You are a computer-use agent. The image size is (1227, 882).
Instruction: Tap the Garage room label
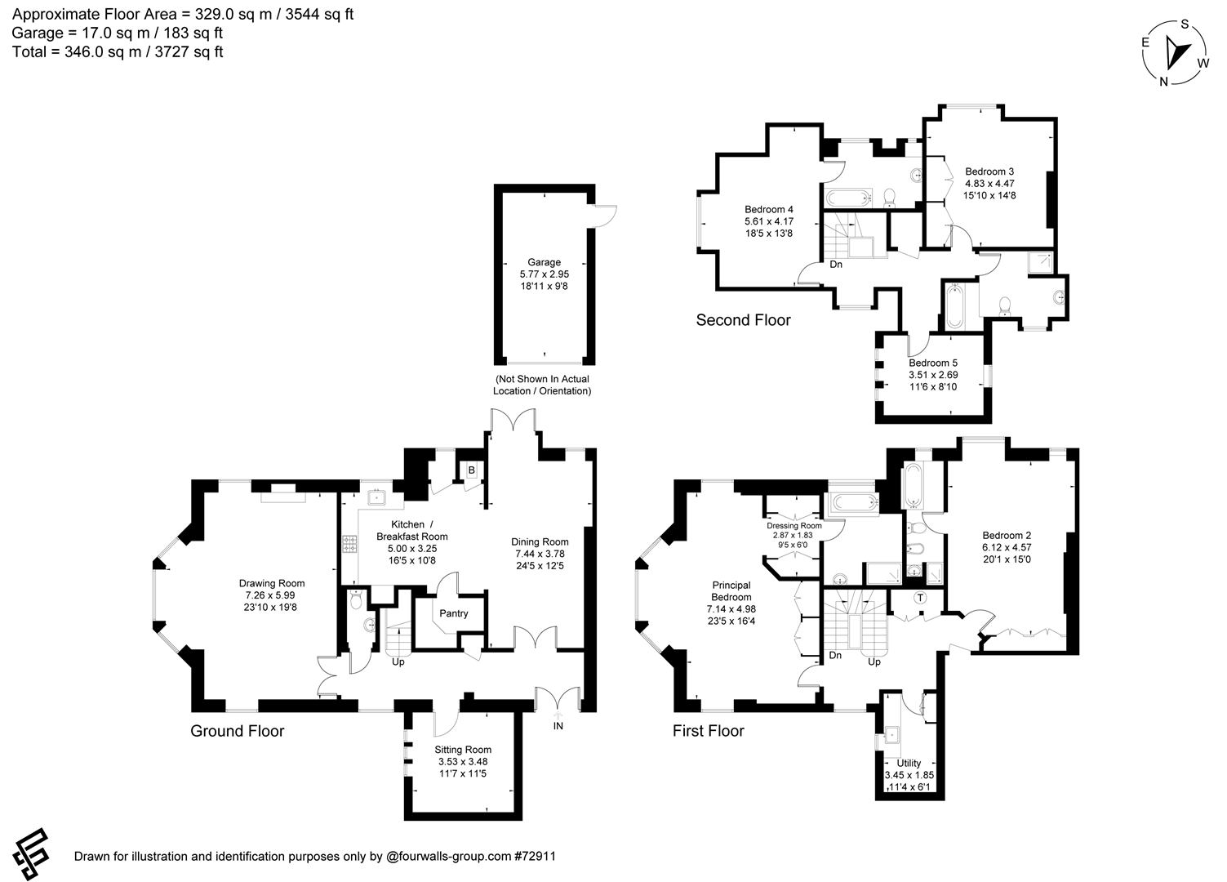point(544,262)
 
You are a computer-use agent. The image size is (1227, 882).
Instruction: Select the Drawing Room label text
point(272,583)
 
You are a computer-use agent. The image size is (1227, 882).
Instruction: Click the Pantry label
point(454,613)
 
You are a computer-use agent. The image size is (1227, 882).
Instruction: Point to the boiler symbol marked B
point(471,470)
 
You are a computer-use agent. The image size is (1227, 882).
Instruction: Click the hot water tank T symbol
point(920,598)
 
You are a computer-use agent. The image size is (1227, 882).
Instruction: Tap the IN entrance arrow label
point(558,726)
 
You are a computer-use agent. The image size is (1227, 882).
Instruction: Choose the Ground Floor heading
point(238,731)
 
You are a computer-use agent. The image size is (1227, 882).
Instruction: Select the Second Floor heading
point(744,320)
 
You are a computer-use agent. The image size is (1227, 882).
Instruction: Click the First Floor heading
point(709,731)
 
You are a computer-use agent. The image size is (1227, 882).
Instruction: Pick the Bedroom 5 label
point(933,363)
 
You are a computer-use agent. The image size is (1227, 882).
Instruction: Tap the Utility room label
point(909,763)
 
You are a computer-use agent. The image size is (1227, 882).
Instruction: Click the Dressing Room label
point(794,526)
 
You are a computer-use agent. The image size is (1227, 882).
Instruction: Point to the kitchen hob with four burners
point(349,544)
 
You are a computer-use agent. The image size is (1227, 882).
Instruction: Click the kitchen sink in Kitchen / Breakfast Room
point(377,497)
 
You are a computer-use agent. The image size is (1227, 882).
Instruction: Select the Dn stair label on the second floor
point(836,265)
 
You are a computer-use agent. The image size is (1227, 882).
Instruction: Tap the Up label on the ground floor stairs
point(398,661)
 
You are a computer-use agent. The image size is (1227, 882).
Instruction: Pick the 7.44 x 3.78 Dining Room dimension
point(540,554)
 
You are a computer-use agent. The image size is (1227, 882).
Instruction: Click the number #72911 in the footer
point(536,856)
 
